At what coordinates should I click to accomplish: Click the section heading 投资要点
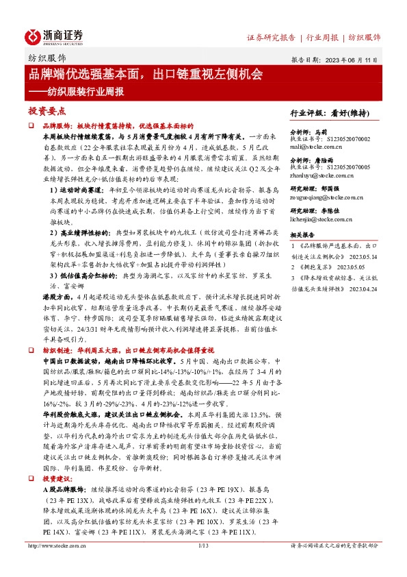click(47, 110)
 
